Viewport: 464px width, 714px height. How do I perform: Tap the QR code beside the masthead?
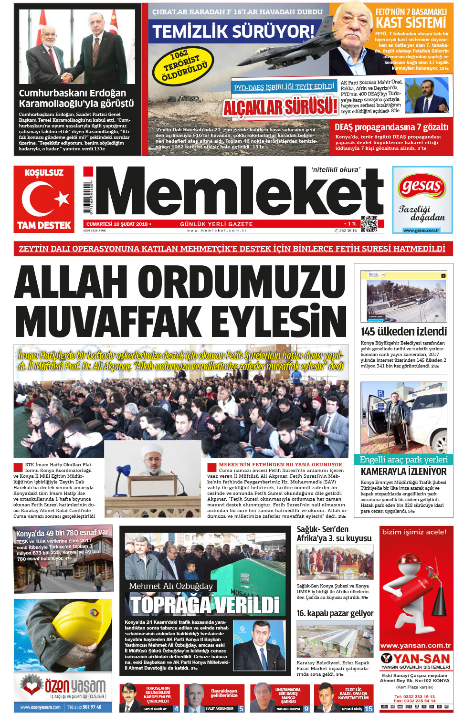(x=369, y=224)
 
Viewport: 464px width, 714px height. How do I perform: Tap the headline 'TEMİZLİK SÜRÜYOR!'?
(x=233, y=31)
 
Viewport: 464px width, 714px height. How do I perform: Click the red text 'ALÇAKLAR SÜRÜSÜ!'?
(x=280, y=107)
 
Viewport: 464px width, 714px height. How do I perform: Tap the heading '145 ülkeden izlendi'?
(x=404, y=331)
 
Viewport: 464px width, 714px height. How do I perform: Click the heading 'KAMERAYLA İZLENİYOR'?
(x=404, y=472)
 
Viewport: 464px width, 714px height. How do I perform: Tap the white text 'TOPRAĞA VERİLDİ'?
(x=205, y=605)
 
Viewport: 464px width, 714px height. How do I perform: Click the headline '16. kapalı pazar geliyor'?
(x=335, y=613)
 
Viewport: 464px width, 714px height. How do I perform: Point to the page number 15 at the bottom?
(x=369, y=709)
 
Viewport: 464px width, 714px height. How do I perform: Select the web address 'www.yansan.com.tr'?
(x=415, y=646)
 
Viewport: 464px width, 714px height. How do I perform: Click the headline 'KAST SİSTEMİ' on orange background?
(x=411, y=22)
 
